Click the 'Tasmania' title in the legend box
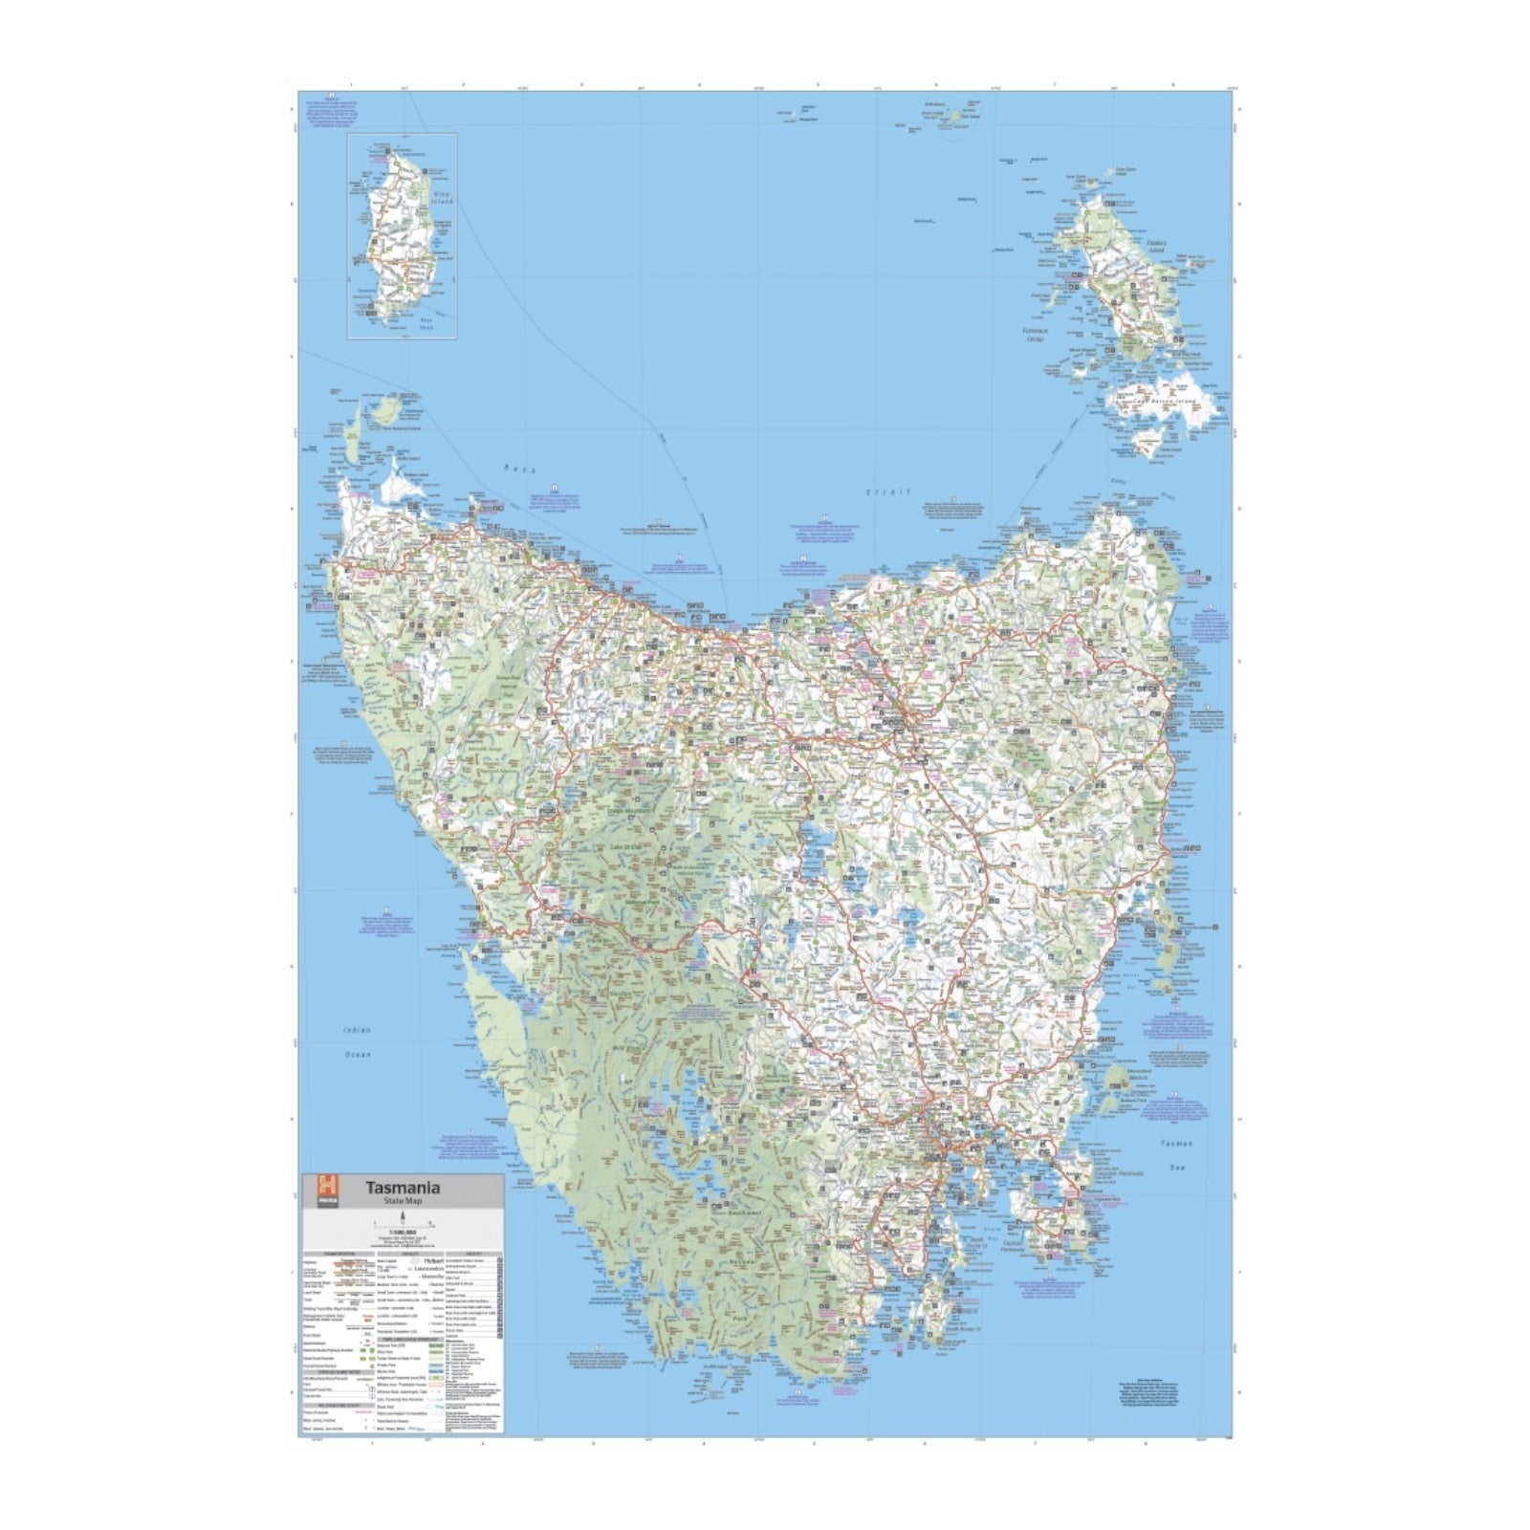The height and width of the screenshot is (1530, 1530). pyautogui.click(x=403, y=1188)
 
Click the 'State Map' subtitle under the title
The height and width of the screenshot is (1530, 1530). pyautogui.click(x=403, y=1201)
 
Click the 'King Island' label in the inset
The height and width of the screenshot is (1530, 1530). pyautogui.click(x=442, y=198)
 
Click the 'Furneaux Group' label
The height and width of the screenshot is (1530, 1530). pyautogui.click(x=1035, y=335)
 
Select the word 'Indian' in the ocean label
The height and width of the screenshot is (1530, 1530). pyautogui.click(x=356, y=1030)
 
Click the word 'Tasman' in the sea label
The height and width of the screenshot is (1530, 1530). pyautogui.click(x=1176, y=1144)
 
